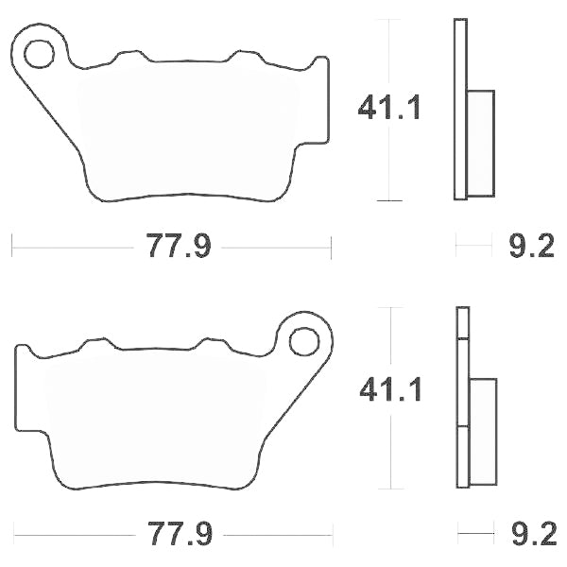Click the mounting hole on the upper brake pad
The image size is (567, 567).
pos(40,55)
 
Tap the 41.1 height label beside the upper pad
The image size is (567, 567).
pos(388,109)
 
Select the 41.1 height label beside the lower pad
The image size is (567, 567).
pos(388,388)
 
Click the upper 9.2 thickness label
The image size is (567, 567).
pos(531,248)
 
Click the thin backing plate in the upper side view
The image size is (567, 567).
pos(460,109)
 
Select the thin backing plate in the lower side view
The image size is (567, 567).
pos(461,397)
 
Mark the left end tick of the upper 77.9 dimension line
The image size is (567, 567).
pos(11,248)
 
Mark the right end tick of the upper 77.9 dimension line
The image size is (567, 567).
pos(332,248)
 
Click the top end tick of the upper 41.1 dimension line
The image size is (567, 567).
pos(389,18)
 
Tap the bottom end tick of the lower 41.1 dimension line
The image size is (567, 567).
pos(389,489)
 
